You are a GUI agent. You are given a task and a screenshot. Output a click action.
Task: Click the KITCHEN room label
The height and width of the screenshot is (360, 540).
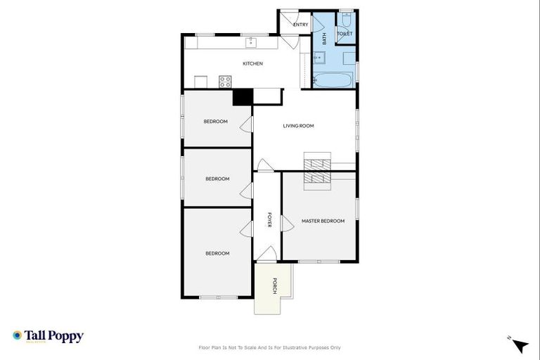[x=252, y=64]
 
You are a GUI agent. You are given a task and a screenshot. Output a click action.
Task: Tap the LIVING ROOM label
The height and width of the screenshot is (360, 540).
[x=298, y=126]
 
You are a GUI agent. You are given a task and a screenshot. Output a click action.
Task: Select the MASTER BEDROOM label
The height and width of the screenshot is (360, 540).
[x=323, y=221]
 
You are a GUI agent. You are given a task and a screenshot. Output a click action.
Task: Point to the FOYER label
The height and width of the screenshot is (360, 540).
[x=269, y=220]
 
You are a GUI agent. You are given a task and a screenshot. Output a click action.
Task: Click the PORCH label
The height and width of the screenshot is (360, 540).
[x=275, y=286]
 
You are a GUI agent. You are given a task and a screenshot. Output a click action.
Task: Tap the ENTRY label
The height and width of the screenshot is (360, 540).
[x=300, y=25]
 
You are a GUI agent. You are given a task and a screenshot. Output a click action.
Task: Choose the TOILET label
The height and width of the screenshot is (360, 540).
[x=345, y=34]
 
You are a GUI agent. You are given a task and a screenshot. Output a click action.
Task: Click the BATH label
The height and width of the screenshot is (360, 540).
[x=324, y=39]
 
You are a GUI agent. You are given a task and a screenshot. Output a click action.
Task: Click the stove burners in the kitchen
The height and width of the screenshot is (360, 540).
[x=225, y=82]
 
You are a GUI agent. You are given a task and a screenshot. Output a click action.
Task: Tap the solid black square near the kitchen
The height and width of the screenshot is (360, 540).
[x=243, y=97]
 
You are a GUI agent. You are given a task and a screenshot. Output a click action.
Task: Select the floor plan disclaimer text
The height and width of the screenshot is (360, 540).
[x=270, y=347]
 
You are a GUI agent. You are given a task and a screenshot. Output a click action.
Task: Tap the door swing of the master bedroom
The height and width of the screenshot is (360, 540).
[x=286, y=224]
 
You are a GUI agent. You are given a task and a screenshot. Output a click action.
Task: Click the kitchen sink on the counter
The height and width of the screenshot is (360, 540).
[x=251, y=42]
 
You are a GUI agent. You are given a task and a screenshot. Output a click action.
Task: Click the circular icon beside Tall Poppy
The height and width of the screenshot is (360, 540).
[x=17, y=335]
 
